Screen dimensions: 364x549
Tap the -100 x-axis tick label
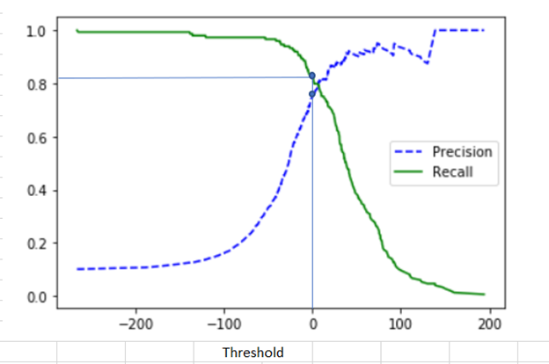(x=223, y=323)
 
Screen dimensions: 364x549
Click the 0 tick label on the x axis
(x=312, y=323)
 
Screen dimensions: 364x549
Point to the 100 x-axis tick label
(x=401, y=323)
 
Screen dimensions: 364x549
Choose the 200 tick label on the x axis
(x=490, y=323)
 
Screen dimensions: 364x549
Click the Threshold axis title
(x=253, y=353)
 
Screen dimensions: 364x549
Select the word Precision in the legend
(x=462, y=152)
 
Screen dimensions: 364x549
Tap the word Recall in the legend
(x=452, y=172)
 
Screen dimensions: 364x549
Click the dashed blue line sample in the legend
(x=409, y=152)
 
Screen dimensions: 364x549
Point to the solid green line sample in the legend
(x=409, y=172)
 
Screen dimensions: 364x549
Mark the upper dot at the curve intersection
(x=312, y=76)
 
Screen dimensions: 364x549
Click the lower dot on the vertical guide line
(x=312, y=94)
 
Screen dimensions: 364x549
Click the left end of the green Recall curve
(x=77, y=31)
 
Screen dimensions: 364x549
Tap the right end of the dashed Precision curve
(x=484, y=31)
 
